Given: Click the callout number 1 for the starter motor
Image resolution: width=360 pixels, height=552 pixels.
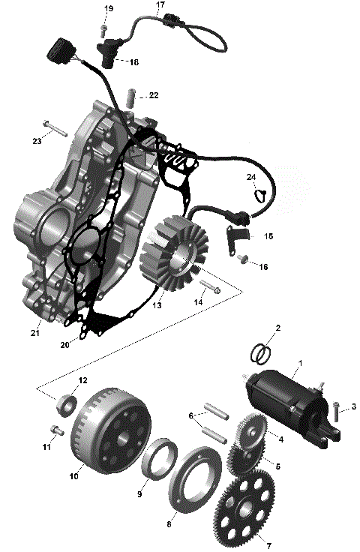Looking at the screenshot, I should coord(300,363).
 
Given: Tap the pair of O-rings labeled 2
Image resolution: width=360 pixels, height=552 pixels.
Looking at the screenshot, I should coord(258,351).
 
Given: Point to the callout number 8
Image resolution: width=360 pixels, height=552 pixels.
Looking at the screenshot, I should coord(169,515).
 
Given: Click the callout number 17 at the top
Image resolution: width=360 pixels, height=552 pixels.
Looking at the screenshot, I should coord(159,4).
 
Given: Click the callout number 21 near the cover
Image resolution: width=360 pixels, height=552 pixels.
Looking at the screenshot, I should coord(34,332).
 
